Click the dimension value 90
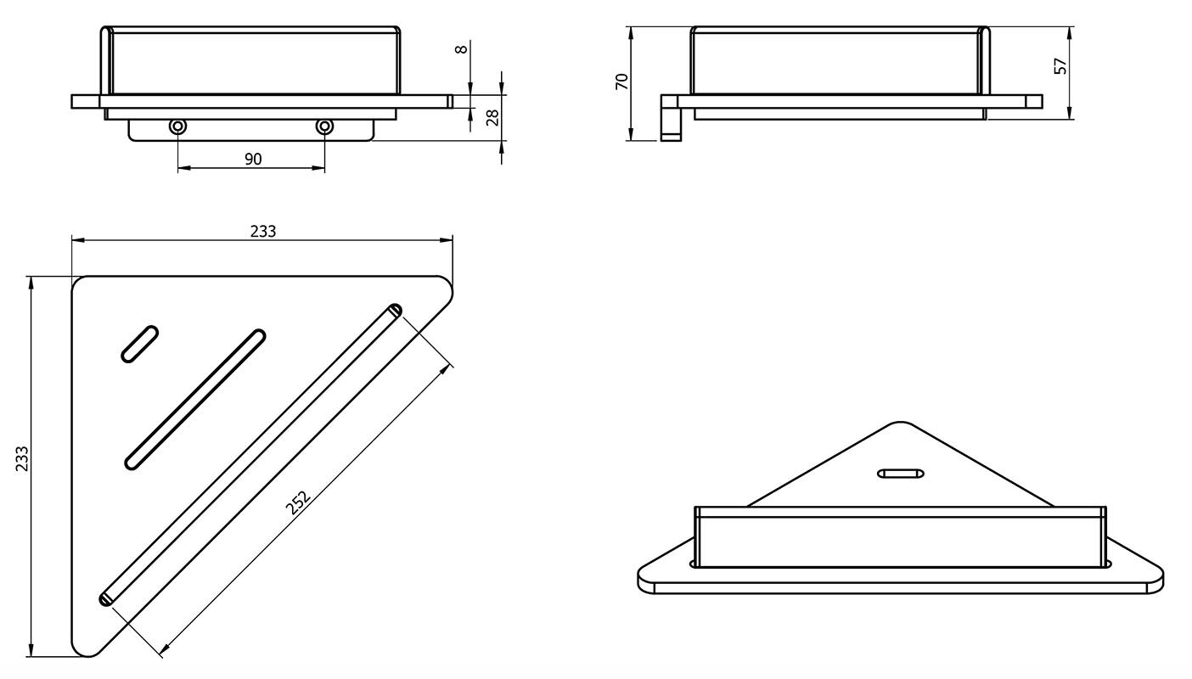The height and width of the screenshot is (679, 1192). [253, 159]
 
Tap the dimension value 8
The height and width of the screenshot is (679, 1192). [462, 49]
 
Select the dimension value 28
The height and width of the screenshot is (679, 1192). [492, 117]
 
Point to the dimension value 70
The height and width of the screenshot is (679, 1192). [621, 81]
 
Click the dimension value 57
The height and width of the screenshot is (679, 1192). [1061, 66]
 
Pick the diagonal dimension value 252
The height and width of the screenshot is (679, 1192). [297, 502]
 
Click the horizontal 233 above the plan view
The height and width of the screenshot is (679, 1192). [263, 231]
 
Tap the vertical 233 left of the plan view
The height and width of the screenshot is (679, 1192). [22, 458]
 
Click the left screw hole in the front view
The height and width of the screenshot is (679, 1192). [177, 127]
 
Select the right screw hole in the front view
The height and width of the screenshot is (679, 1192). [324, 127]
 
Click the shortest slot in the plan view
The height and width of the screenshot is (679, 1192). [139, 344]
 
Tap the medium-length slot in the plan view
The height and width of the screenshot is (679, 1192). [195, 400]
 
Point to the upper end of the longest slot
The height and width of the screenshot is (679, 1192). [394, 310]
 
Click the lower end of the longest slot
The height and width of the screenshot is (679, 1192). [106, 599]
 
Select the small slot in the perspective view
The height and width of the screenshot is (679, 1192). [901, 473]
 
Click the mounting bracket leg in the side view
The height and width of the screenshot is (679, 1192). [671, 118]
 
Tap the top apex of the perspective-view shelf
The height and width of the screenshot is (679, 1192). [899, 423]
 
